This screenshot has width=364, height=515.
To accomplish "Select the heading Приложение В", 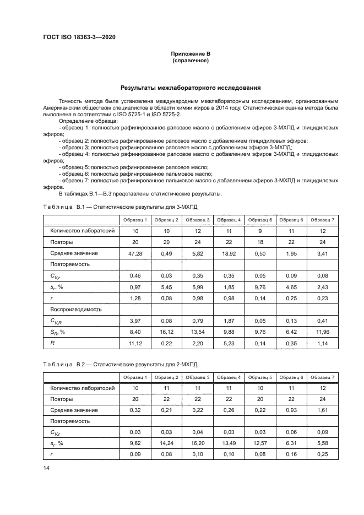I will [x=191, y=53].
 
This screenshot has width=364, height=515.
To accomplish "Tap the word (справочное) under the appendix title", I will [x=191, y=60].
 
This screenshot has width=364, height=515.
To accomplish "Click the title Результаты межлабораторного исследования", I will [x=191, y=88].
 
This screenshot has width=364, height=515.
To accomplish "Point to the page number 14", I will [x=46, y=468].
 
